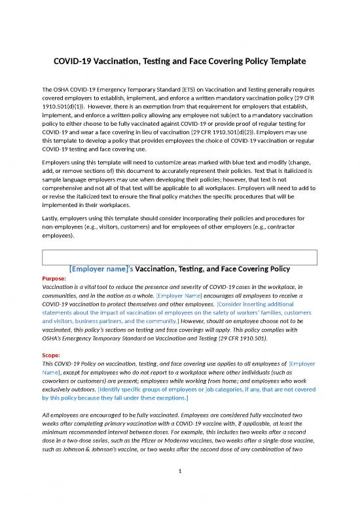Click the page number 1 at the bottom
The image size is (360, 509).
[179, 489]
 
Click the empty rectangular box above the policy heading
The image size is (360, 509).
[179, 256]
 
